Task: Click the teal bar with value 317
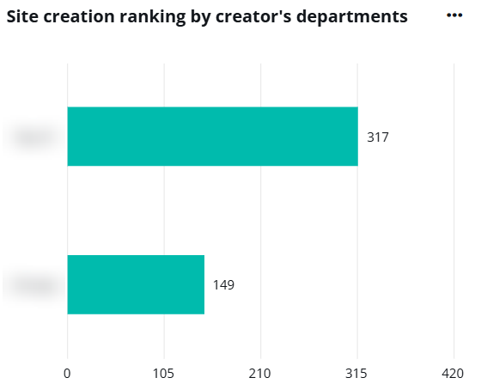click(212, 136)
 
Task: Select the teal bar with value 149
click(136, 284)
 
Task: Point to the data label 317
click(378, 137)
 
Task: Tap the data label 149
click(223, 285)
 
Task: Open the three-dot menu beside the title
click(454, 15)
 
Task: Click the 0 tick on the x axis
click(67, 374)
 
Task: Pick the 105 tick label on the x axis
click(163, 374)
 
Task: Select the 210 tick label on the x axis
click(259, 374)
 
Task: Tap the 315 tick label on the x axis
click(356, 374)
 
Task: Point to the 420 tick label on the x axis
click(452, 374)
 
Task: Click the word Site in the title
click(22, 17)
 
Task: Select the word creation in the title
click(79, 17)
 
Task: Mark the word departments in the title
click(352, 17)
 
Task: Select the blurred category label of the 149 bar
click(33, 285)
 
